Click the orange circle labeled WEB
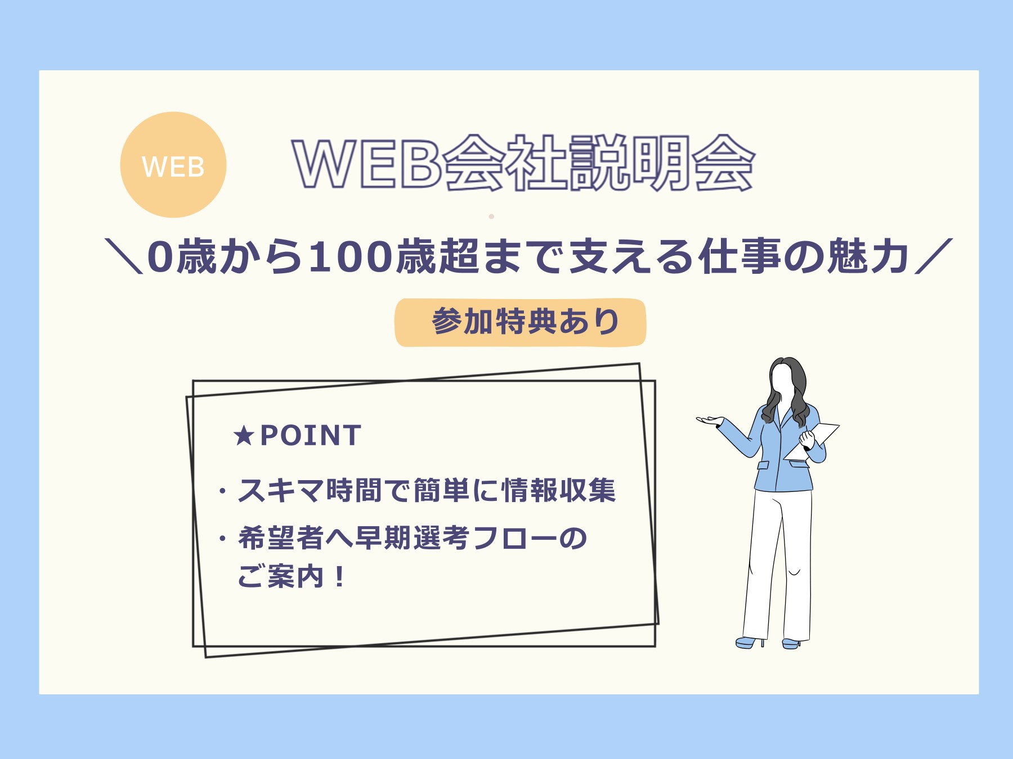(x=173, y=165)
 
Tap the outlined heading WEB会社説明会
(x=523, y=163)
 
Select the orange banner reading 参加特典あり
(x=521, y=322)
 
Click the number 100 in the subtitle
(x=349, y=256)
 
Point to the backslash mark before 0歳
(x=124, y=256)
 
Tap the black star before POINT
(x=244, y=436)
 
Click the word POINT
(x=311, y=436)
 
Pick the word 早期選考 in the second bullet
(x=413, y=538)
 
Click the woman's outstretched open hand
(x=710, y=420)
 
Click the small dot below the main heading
(x=491, y=216)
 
